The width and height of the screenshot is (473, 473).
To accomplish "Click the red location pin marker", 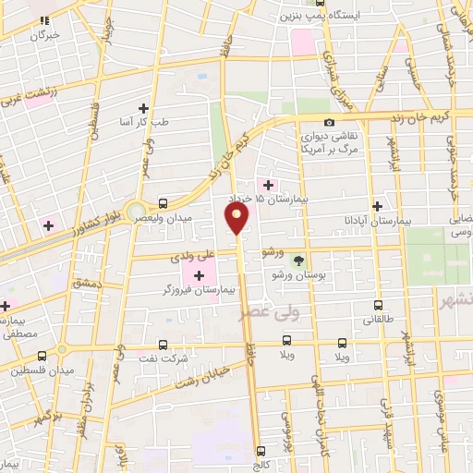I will click(237, 219).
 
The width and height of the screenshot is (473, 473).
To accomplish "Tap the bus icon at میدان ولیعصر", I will click(164, 203).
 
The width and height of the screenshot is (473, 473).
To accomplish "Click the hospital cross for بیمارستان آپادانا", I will click(377, 207).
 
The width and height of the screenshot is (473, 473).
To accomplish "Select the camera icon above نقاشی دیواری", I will click(329, 123).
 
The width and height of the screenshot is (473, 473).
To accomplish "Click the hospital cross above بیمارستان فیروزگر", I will click(199, 275).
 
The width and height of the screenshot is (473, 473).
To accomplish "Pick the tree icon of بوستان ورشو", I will click(297, 261).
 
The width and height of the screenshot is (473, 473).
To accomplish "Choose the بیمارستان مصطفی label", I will click(18, 327).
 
